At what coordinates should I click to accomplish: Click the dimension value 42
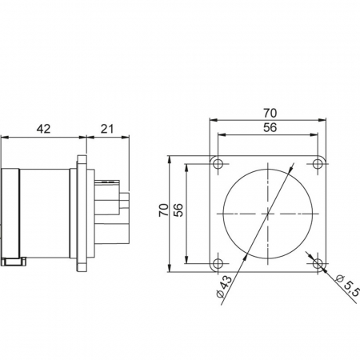43,129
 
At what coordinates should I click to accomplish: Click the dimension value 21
107,129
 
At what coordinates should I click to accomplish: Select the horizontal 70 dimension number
270,114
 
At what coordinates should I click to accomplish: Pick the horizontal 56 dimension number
270,127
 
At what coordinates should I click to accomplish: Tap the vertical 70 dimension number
164,210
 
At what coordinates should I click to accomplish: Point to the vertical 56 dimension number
178,210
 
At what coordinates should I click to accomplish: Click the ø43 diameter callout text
224,286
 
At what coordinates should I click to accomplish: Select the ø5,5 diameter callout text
348,284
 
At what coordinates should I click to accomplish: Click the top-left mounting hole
218,163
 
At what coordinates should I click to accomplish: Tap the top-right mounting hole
318,163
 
